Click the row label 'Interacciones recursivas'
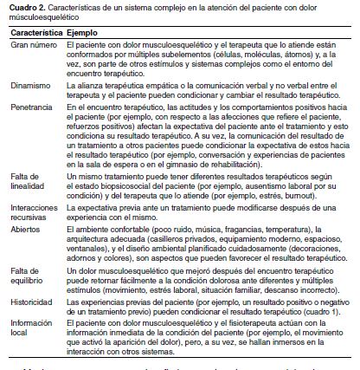pos(33,212)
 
